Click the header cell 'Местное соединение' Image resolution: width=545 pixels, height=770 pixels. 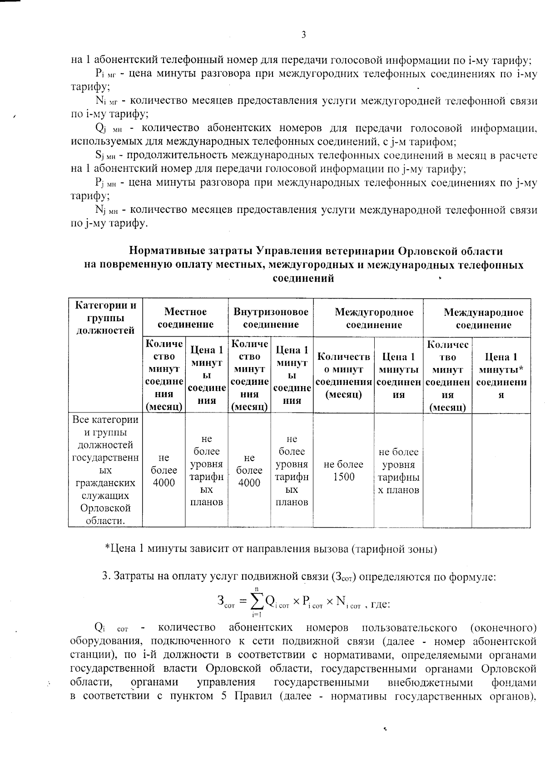[x=185, y=318]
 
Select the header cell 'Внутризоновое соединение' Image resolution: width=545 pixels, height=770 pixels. [x=271, y=318]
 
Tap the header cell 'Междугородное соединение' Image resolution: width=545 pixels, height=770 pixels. [x=374, y=318]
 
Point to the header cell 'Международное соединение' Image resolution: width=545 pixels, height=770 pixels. [x=483, y=319]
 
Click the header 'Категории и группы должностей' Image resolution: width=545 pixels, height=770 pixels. [x=106, y=318]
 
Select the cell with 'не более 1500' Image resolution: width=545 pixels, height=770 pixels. [x=343, y=471]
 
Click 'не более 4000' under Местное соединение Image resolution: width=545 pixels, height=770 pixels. [x=164, y=471]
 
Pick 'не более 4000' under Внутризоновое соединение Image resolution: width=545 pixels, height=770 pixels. [x=249, y=471]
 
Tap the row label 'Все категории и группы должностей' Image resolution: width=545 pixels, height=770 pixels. [x=105, y=470]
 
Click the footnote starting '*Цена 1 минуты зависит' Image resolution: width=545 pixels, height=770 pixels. [x=271, y=549]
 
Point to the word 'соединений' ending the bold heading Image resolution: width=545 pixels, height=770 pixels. [x=303, y=278]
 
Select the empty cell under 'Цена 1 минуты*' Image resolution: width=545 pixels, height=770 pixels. [x=501, y=471]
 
